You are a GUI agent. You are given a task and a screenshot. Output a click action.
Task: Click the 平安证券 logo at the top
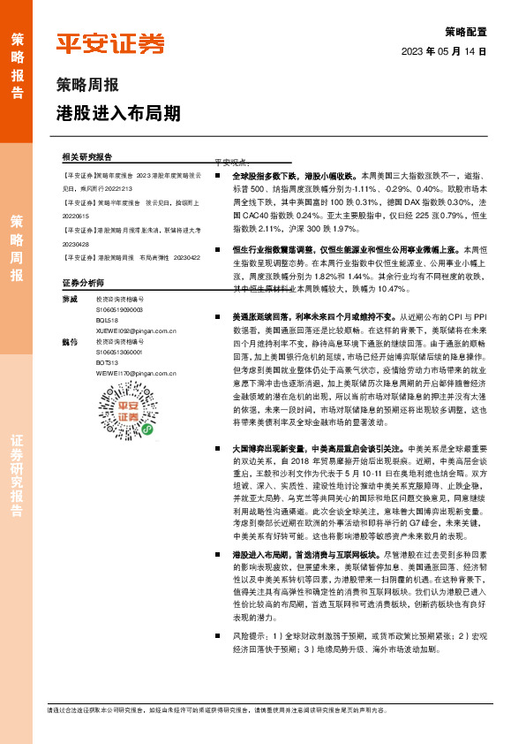(109, 43)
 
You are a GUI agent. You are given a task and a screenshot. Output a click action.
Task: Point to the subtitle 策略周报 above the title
(86, 87)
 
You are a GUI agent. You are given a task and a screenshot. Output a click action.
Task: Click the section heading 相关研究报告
(87, 156)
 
